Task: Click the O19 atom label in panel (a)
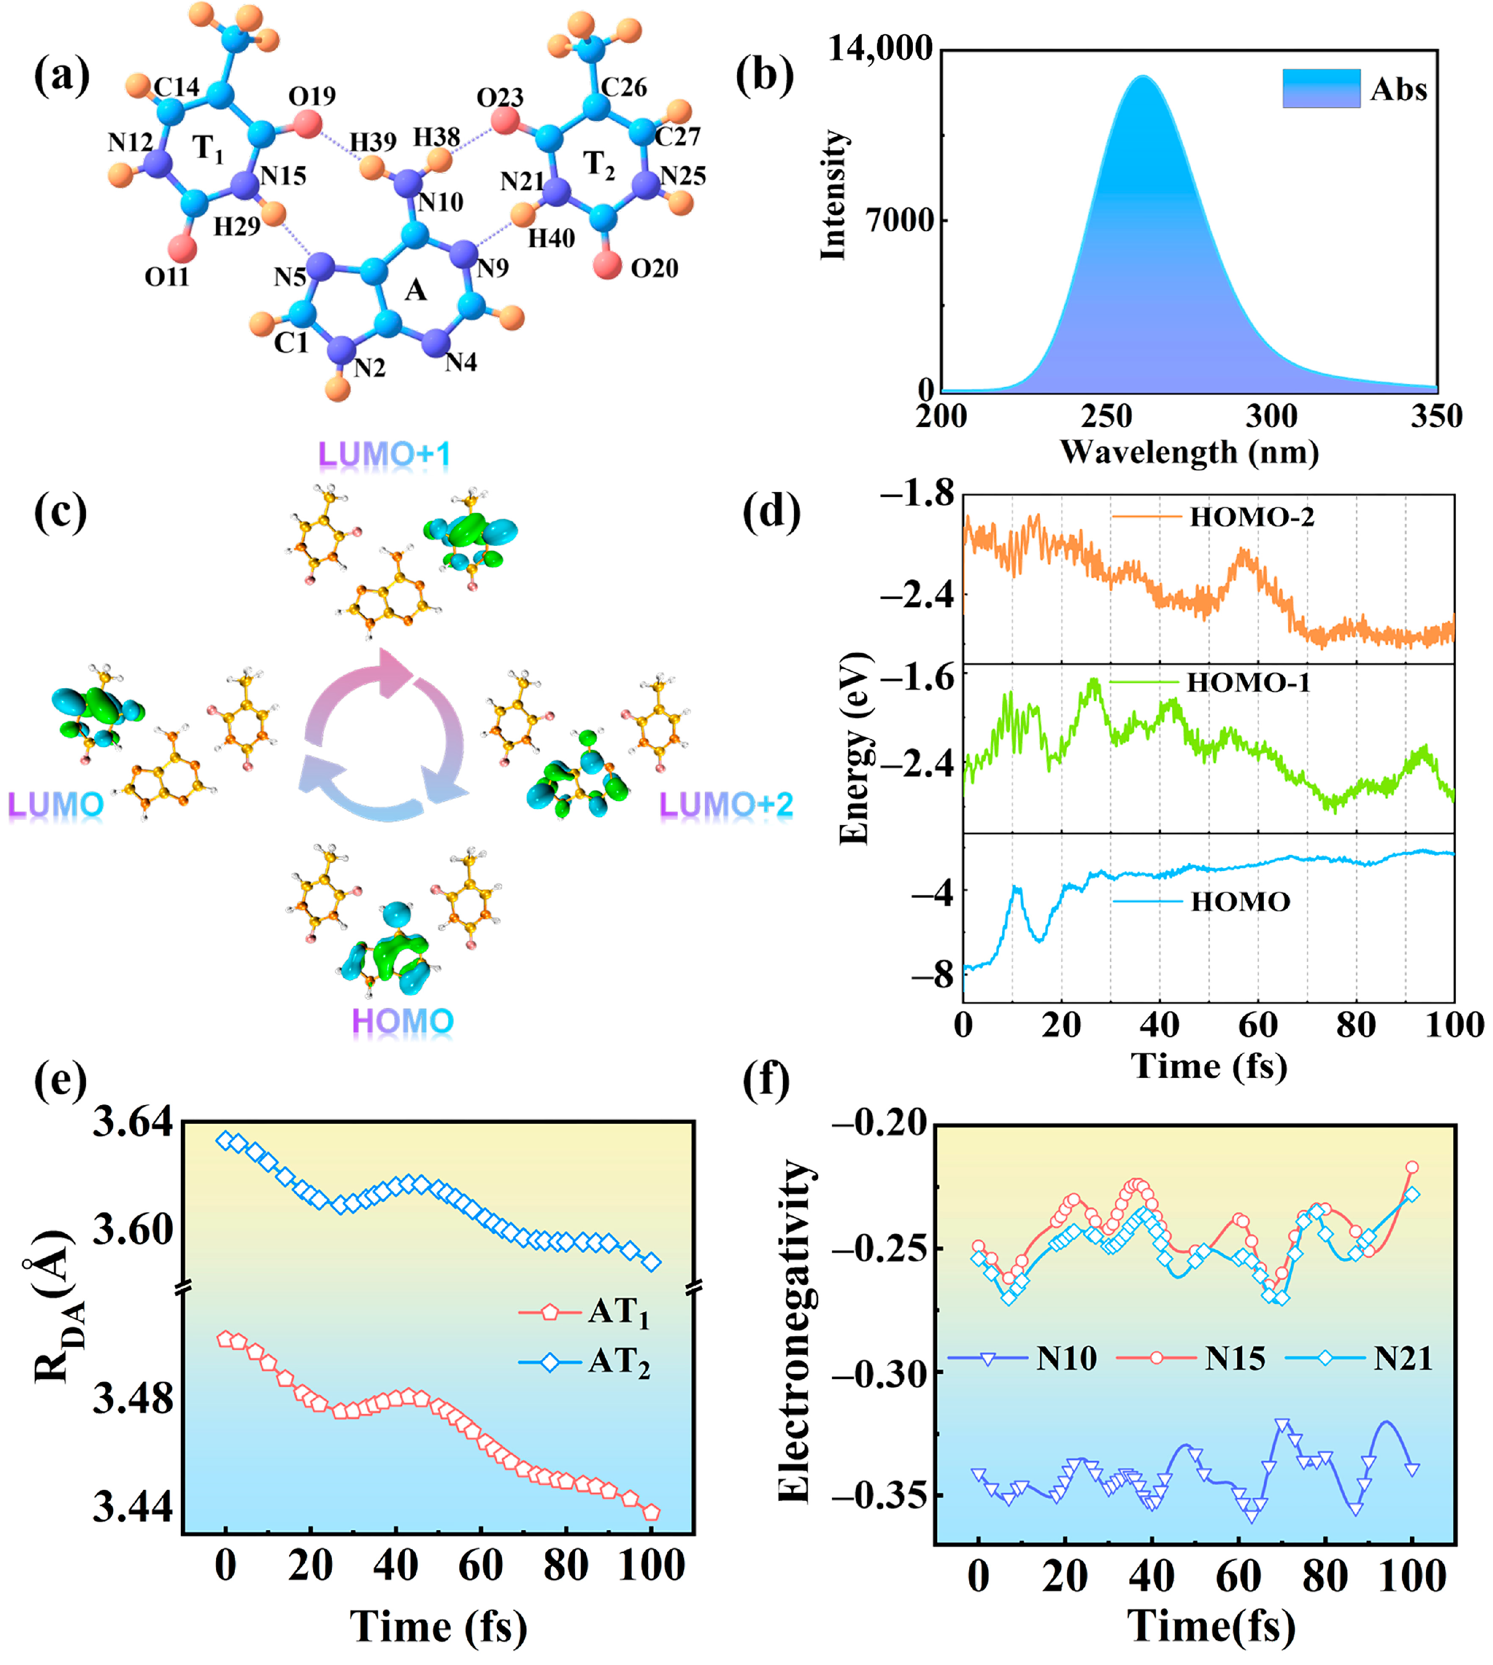point(312,97)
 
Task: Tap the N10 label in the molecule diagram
point(441,202)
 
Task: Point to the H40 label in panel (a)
point(551,239)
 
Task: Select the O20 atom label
point(654,268)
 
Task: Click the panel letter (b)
point(764,76)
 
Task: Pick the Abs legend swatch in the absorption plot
point(1321,89)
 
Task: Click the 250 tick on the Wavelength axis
point(1107,417)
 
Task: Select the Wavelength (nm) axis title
point(1189,453)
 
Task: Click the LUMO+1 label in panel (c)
point(384,455)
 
